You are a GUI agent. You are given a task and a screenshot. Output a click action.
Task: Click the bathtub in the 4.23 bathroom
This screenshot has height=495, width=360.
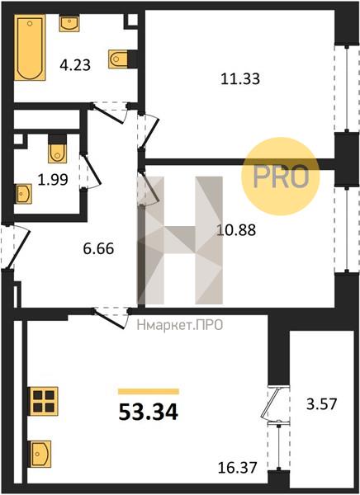tap(30, 47)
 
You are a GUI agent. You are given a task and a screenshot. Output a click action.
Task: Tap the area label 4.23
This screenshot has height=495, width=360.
tap(75, 65)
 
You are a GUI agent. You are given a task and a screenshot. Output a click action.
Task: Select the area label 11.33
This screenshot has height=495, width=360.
tap(240, 78)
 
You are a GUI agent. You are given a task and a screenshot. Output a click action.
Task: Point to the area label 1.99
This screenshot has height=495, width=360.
tap(53, 180)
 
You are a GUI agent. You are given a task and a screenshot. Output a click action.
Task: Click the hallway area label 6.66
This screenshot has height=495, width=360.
tap(98, 248)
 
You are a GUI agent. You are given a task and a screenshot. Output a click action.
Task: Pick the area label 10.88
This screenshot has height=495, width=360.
tap(236, 230)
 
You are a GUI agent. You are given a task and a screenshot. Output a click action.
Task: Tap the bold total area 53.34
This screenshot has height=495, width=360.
tap(149, 412)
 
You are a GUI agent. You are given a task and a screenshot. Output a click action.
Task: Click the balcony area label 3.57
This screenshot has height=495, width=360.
tap(322, 403)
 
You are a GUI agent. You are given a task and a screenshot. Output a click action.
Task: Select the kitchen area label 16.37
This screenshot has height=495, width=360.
tap(237, 467)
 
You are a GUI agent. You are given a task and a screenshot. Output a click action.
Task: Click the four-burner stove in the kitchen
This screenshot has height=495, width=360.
tap(43, 401)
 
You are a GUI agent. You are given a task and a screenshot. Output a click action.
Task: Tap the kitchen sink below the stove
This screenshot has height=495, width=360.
tap(40, 454)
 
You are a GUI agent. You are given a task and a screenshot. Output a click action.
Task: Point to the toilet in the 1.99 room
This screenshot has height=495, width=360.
tap(58, 149)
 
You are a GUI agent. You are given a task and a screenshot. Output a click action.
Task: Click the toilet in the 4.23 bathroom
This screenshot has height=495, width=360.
tap(119, 59)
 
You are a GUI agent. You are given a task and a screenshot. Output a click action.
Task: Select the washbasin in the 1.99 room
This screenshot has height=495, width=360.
tap(23, 194)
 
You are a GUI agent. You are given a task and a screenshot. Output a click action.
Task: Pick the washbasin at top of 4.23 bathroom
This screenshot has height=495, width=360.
tap(69, 24)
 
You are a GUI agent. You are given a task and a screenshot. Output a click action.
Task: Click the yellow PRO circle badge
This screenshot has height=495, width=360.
tap(281, 177)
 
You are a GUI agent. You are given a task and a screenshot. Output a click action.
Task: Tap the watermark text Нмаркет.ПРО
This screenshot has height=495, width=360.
tap(180, 325)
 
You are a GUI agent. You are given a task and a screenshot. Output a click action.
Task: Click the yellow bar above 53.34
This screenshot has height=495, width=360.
tap(149, 392)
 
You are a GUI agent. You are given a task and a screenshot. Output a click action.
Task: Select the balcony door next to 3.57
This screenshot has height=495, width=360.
tap(271, 403)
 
